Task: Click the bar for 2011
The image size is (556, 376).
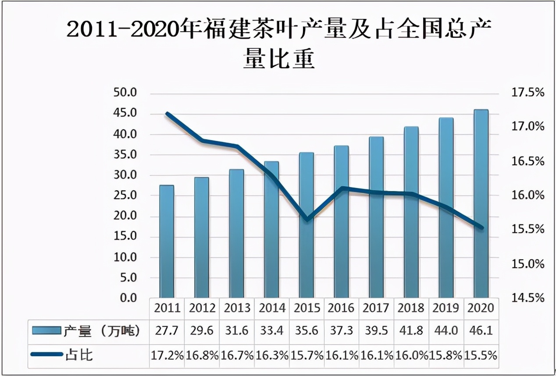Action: tap(167, 242)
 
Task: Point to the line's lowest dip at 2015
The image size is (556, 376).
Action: tap(307, 219)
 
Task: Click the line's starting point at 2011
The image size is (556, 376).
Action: tap(167, 113)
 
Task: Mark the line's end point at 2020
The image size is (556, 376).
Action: tap(481, 227)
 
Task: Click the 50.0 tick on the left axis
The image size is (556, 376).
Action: tap(125, 93)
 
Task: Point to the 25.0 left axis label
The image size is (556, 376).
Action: tap(125, 196)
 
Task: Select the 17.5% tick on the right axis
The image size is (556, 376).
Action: tap(527, 93)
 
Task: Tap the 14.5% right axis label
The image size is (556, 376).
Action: tap(527, 298)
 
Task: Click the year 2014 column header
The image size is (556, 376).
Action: tap(272, 308)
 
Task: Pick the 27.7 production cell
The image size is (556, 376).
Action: tap(167, 331)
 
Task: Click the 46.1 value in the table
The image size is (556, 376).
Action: tap(481, 331)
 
